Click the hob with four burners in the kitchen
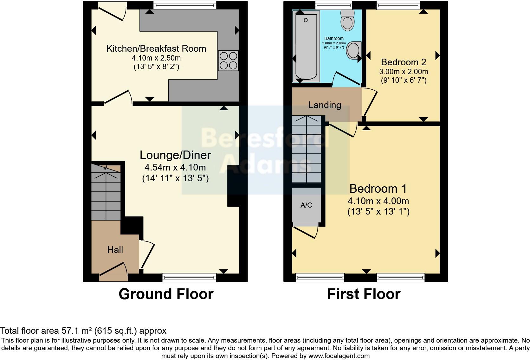coord(228,61)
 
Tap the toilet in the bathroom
coord(347,21)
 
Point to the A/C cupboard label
coord(306,205)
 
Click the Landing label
coord(325,105)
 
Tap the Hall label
coord(115,250)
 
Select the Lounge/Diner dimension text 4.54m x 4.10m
coord(175,167)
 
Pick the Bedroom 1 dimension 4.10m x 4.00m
coord(378,201)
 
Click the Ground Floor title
coord(166,294)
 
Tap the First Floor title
coord(364,294)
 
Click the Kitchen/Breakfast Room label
coord(156,48)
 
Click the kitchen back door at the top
coord(111,11)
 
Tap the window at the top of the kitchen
coord(185,5)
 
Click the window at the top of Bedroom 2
coord(398,5)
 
